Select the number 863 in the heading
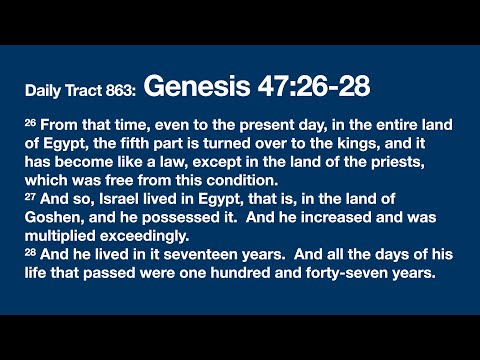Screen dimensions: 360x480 [x=118, y=91]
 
